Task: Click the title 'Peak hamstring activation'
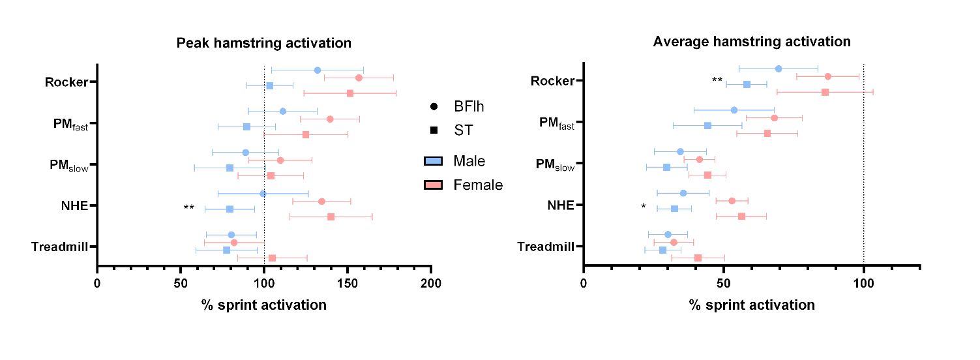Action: click(x=264, y=44)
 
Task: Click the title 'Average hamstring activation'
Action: click(x=752, y=42)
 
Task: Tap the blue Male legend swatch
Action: click(x=433, y=161)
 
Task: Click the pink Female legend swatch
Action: click(x=433, y=185)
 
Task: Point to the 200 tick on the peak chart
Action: click(x=431, y=284)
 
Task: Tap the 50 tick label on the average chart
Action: click(x=723, y=284)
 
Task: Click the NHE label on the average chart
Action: click(x=560, y=205)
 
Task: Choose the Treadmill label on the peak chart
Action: click(x=61, y=247)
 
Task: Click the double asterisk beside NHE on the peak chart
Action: click(x=188, y=208)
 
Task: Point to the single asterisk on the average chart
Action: click(x=644, y=207)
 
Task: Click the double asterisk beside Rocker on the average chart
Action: click(x=717, y=80)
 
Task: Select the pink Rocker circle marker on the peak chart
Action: click(x=359, y=78)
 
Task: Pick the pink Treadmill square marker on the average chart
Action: click(x=698, y=258)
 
